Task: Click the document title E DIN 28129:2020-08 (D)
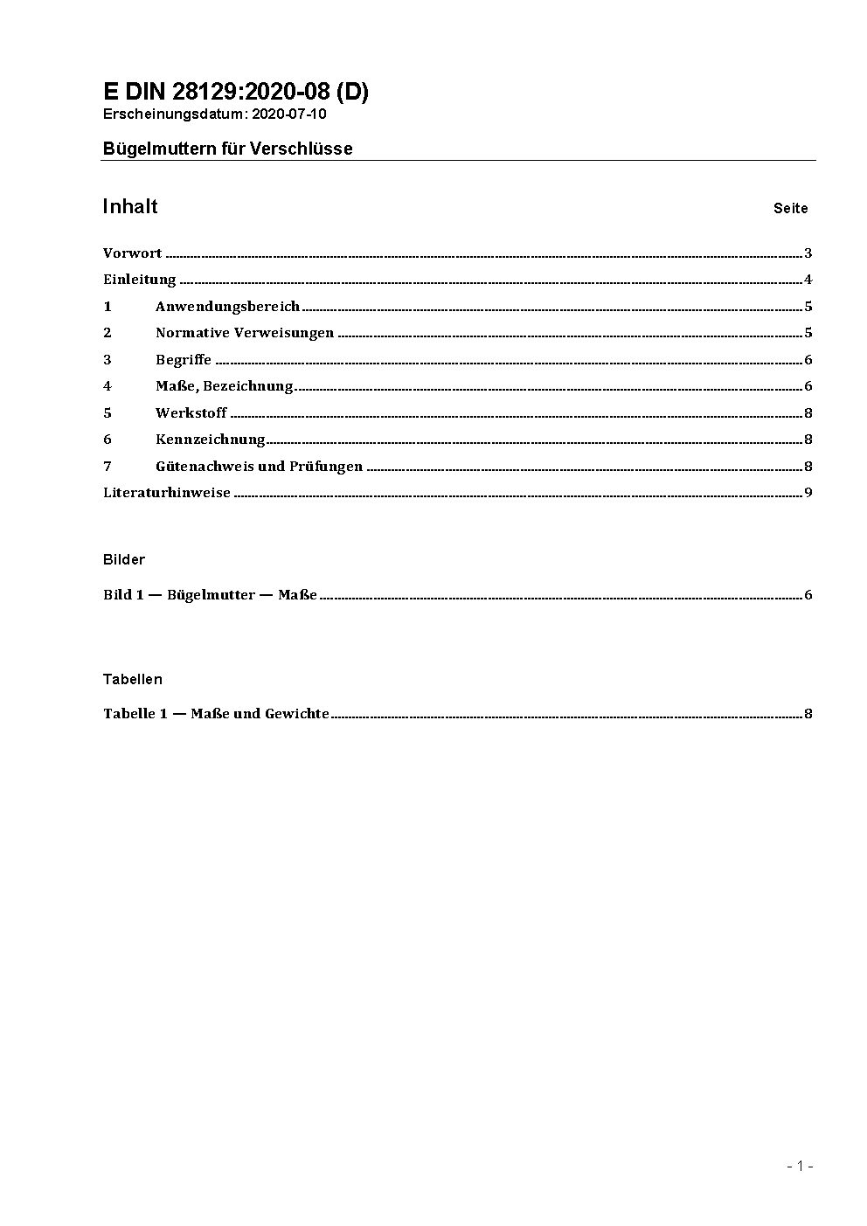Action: [x=235, y=93]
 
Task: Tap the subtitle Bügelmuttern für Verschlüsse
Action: [x=227, y=149]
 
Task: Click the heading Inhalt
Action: [x=130, y=206]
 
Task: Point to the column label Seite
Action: [x=790, y=209]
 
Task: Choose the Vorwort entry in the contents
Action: [x=132, y=253]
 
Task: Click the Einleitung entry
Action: [x=140, y=280]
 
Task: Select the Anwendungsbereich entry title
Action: [x=227, y=307]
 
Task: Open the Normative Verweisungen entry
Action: [x=245, y=333]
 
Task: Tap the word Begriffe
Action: [x=184, y=360]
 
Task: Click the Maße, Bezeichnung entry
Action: [x=224, y=386]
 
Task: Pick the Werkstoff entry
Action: [x=191, y=412]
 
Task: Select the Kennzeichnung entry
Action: [x=210, y=440]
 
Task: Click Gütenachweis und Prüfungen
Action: [x=259, y=467]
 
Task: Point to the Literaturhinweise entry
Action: [x=167, y=493]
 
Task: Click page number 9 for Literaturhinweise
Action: [x=808, y=493]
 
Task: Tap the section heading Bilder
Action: [x=124, y=559]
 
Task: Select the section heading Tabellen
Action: [x=133, y=679]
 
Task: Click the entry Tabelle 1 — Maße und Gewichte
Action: [x=216, y=714]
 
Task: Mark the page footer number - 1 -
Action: [x=800, y=1166]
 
